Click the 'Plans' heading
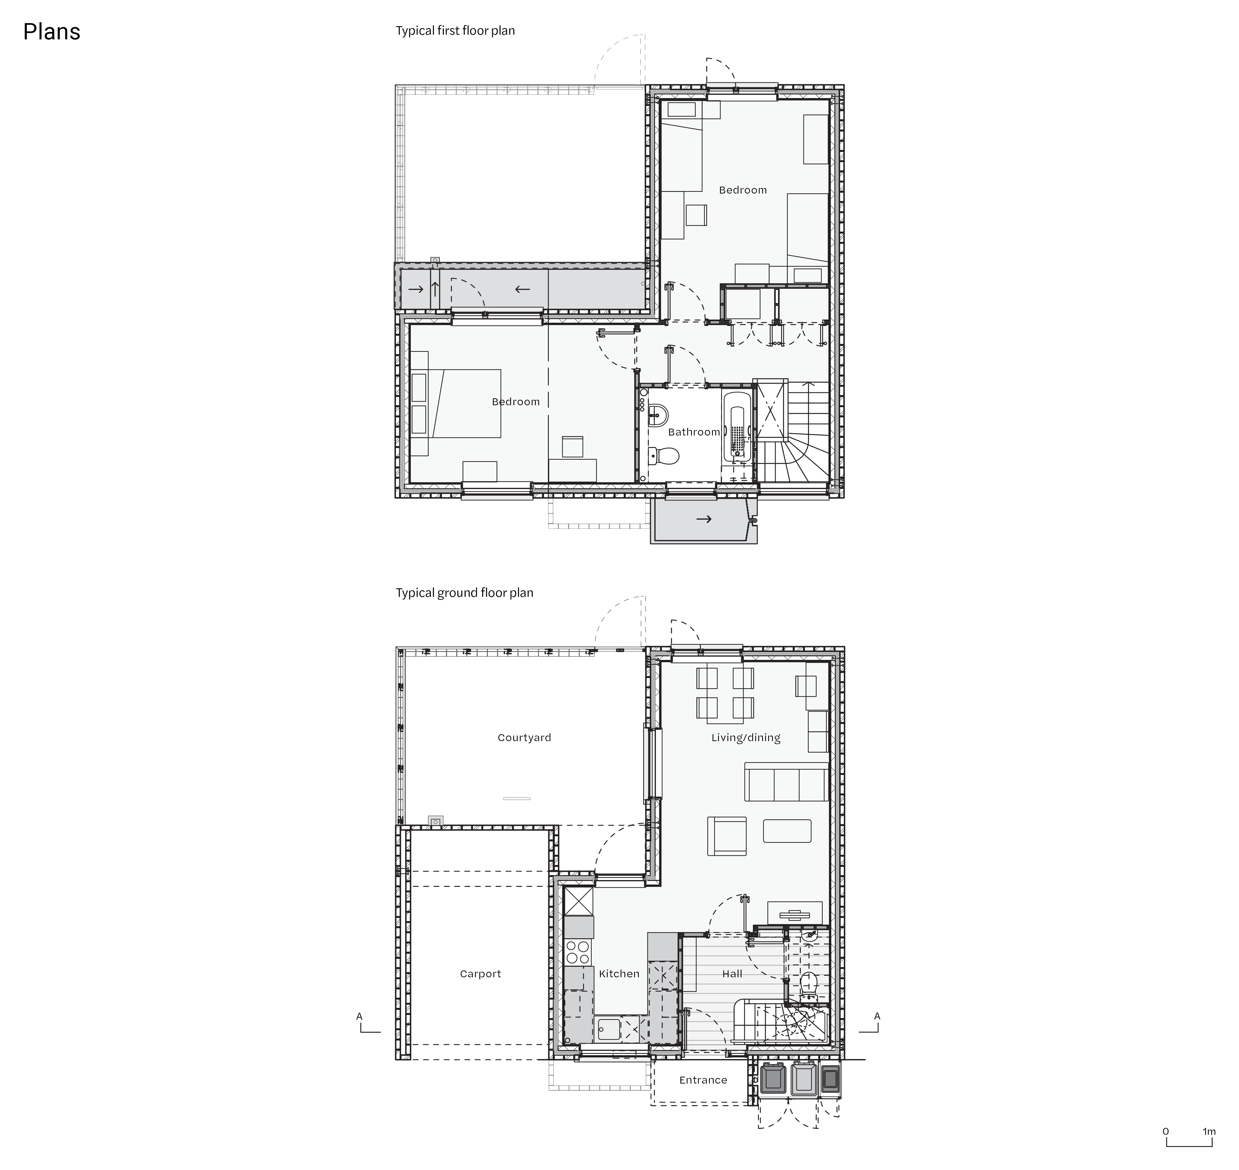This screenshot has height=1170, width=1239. pos(52,32)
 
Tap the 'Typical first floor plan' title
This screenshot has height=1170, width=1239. pos(455,31)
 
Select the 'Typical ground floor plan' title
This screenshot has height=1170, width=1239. pos(465,592)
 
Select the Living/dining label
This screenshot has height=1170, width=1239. pos(746,738)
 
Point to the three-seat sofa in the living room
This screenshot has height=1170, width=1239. pos(787,782)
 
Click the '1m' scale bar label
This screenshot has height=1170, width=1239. pos(1209,1131)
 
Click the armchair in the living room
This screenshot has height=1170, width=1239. pos(727,836)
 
